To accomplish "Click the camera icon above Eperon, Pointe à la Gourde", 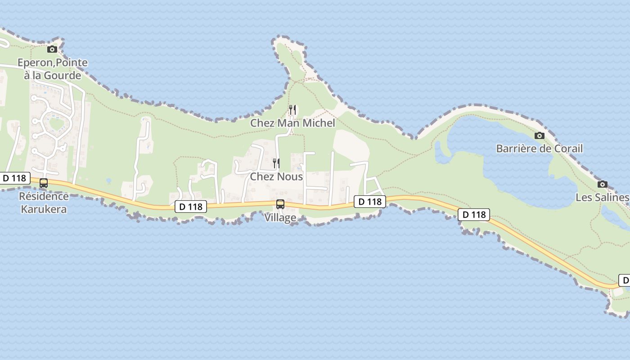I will (52, 49).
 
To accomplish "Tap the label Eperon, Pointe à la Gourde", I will (53, 69).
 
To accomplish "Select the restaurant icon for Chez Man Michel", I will (292, 109).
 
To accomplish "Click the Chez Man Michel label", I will (292, 123).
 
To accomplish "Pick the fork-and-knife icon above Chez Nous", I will (276, 163).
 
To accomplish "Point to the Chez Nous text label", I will (276, 176).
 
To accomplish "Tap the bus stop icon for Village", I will (280, 204).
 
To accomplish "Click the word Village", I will (280, 217).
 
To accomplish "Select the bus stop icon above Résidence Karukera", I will (44, 183).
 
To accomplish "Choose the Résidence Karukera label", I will (44, 202).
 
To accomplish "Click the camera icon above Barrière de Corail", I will (539, 135).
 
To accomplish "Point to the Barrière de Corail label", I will (539, 148).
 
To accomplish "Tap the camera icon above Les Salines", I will (602, 184).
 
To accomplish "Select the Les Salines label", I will (602, 197).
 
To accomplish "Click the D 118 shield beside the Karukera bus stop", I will (14, 178).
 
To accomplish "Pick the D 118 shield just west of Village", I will (190, 207).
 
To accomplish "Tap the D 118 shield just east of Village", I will (370, 202).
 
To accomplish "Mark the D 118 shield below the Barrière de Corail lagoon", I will (474, 215).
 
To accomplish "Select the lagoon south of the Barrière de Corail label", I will (517, 180).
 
